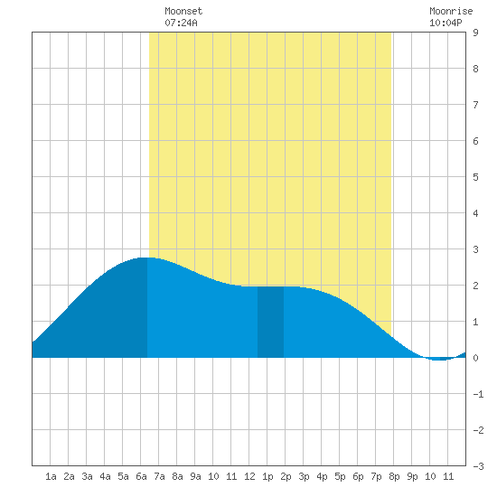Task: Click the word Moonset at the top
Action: pyautogui.click(x=183, y=11)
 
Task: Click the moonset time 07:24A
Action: pyautogui.click(x=181, y=23)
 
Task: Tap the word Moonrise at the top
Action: pyautogui.click(x=451, y=11)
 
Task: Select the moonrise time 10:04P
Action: pyautogui.click(x=445, y=23)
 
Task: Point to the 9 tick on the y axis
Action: pyautogui.click(x=475, y=33)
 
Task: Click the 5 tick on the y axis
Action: pyautogui.click(x=475, y=177)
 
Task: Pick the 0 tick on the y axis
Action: pyautogui.click(x=475, y=358)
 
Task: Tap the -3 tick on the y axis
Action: pyautogui.click(x=478, y=466)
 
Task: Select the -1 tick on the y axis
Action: pyautogui.click(x=478, y=394)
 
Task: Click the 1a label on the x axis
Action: pyautogui.click(x=51, y=476)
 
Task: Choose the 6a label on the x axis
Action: pyautogui.click(x=141, y=476)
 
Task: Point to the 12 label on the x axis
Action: pyautogui.click(x=249, y=476)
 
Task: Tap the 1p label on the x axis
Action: pyautogui.click(x=267, y=477)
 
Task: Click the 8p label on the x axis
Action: pyautogui.click(x=394, y=477)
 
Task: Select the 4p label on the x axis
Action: pyautogui.click(x=322, y=477)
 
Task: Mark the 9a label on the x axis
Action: pyautogui.click(x=195, y=476)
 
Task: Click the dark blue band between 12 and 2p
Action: pyautogui.click(x=270, y=322)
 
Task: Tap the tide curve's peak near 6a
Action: pyautogui.click(x=146, y=258)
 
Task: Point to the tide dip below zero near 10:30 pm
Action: pyautogui.click(x=439, y=359)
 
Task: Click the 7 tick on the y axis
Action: pyautogui.click(x=475, y=105)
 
